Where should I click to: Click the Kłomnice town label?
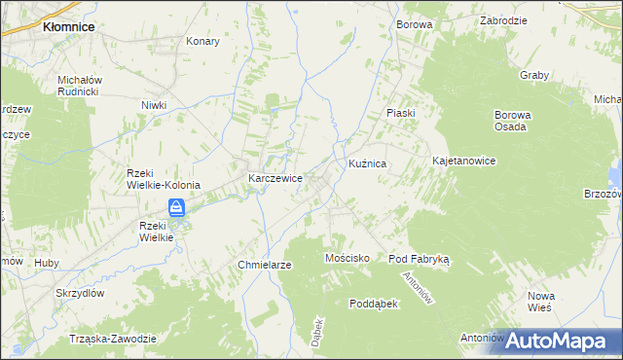(68, 27)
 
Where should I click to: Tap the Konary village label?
(202, 42)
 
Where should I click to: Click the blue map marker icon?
(176, 207)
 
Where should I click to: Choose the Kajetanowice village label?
(464, 160)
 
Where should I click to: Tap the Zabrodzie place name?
(504, 20)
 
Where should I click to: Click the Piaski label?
(400, 113)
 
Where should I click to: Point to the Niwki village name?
(154, 105)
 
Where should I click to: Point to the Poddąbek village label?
(375, 304)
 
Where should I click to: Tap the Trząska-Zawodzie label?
(113, 338)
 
